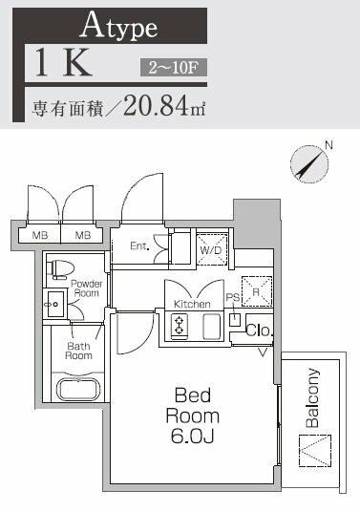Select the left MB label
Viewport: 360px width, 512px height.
pyautogui.click(x=40, y=234)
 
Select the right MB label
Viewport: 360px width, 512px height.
pyautogui.click(x=83, y=234)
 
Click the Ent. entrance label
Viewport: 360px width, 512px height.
pyautogui.click(x=139, y=245)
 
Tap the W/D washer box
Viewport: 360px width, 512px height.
pyautogui.click(x=211, y=247)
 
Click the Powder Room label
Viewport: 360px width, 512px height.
pyautogui.click(x=85, y=288)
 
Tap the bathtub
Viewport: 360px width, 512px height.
pyautogui.click(x=79, y=389)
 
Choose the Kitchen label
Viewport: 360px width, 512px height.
pyautogui.click(x=191, y=304)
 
